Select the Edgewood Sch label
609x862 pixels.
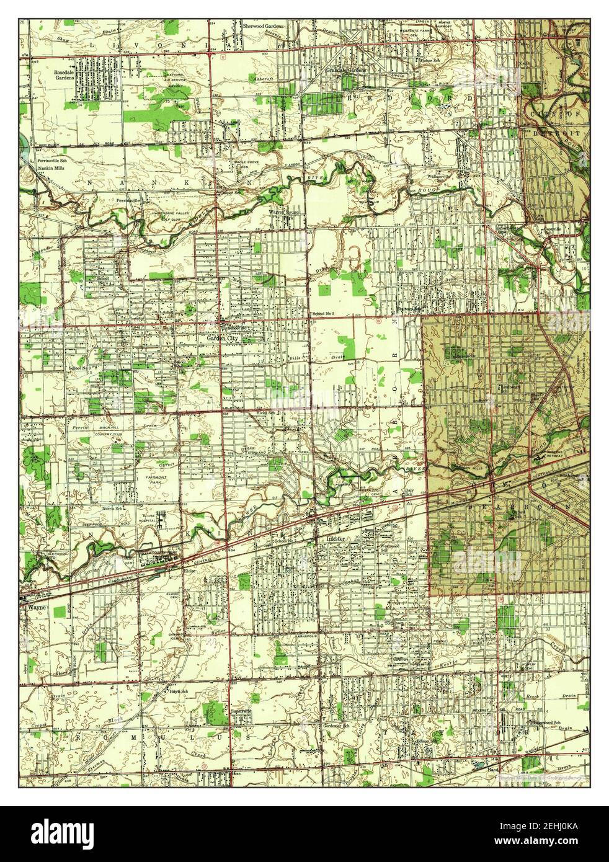544,722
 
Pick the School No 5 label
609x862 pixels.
323,314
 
